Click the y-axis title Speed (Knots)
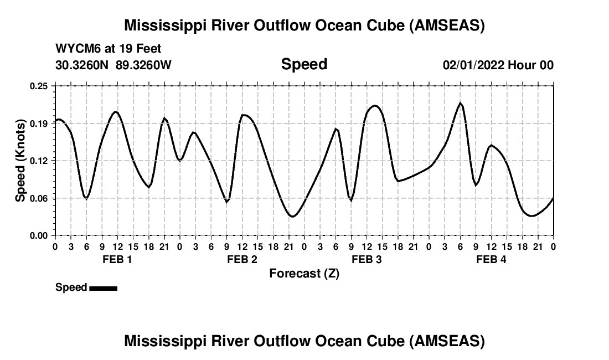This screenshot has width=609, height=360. pyautogui.click(x=20, y=161)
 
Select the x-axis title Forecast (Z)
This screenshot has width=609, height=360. pyautogui.click(x=304, y=274)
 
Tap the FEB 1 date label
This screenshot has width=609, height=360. pyautogui.click(x=117, y=260)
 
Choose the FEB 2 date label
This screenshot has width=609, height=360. pyautogui.click(x=242, y=260)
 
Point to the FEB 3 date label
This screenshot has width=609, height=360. pyautogui.click(x=367, y=260)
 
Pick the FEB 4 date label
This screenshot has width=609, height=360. pyautogui.click(x=491, y=260)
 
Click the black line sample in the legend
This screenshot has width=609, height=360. pyautogui.click(x=103, y=288)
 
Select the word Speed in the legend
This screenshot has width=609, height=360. pyautogui.click(x=71, y=287)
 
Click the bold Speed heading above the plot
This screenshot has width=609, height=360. pyautogui.click(x=304, y=64)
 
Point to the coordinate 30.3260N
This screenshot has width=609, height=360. pyautogui.click(x=83, y=65)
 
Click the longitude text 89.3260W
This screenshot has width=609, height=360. pyautogui.click(x=143, y=65)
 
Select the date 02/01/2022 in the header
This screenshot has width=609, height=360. pyautogui.click(x=473, y=65)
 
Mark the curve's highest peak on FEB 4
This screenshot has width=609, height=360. pyautogui.click(x=460, y=103)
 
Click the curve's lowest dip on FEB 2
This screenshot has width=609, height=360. pyautogui.click(x=292, y=217)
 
